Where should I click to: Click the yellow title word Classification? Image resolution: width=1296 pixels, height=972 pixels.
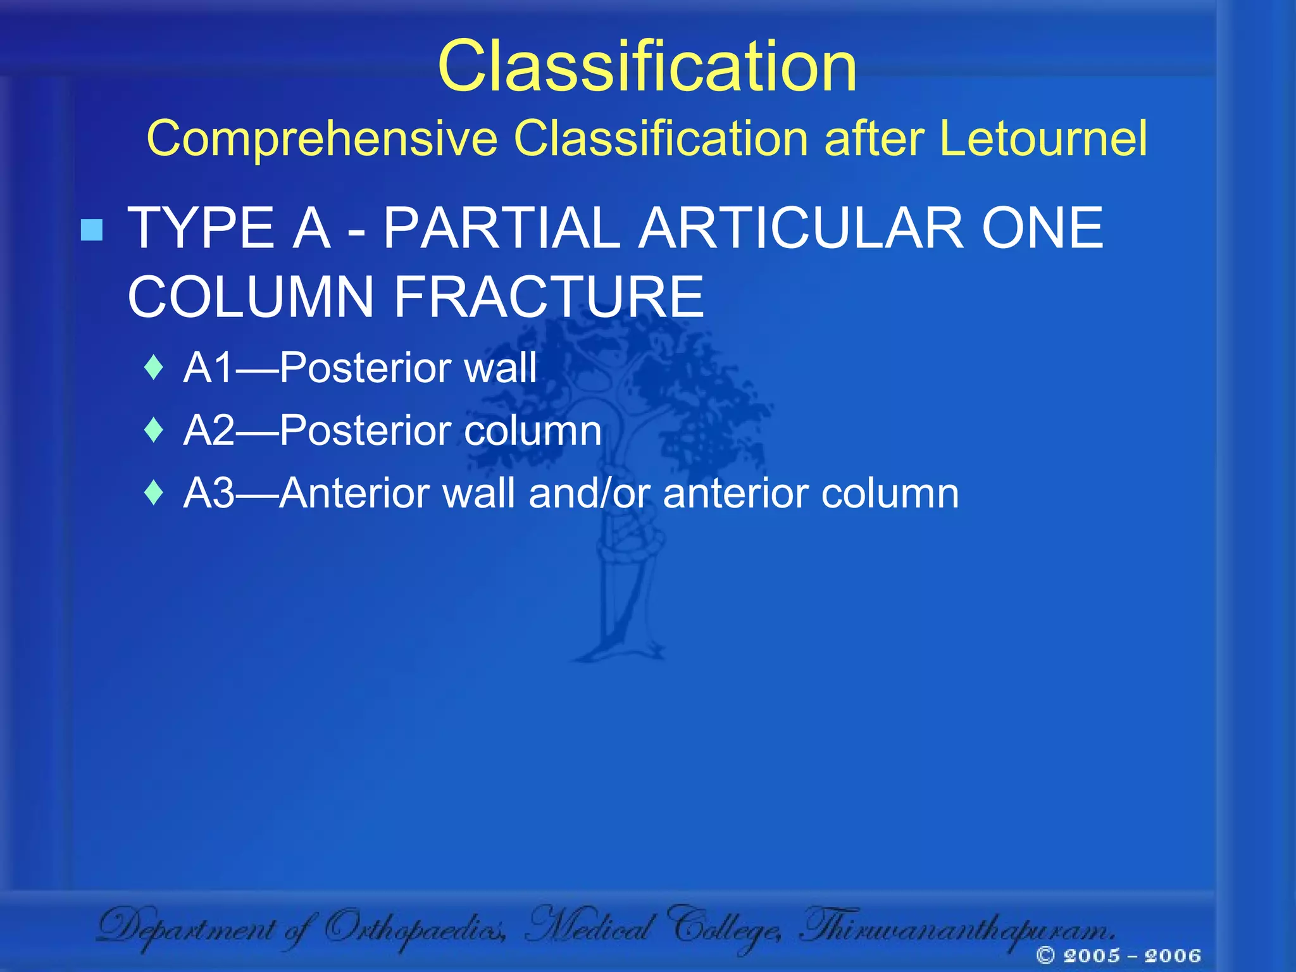coord(647,66)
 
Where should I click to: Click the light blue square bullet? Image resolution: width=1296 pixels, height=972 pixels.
coord(92,230)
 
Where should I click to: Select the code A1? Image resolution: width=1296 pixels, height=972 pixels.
coord(209,368)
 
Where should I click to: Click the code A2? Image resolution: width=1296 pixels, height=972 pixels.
coord(209,430)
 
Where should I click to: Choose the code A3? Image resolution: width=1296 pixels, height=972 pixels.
coord(209,493)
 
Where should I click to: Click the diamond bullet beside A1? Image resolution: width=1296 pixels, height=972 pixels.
coord(154,368)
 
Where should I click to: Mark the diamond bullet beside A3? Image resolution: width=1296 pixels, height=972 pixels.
coord(154,493)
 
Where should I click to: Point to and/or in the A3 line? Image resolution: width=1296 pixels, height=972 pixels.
coord(589,493)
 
